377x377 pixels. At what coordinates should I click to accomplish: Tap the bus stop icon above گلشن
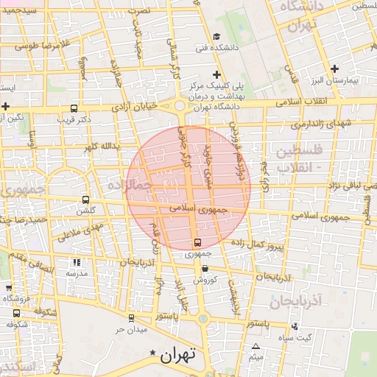click(86, 200)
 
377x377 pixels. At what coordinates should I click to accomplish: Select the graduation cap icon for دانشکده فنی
click(216, 37)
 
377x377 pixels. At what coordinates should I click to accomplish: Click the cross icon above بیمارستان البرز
click(334, 68)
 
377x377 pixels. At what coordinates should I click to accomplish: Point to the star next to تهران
click(152, 353)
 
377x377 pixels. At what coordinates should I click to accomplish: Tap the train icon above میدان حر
click(131, 318)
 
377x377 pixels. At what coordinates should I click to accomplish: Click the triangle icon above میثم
click(256, 347)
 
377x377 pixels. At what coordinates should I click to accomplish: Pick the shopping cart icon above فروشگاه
click(9, 288)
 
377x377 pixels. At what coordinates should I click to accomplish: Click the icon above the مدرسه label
click(77, 262)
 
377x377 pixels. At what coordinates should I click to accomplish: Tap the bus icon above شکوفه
click(17, 312)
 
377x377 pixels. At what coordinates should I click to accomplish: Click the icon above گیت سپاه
click(295, 326)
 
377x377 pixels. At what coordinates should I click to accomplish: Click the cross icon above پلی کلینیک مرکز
click(216, 74)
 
